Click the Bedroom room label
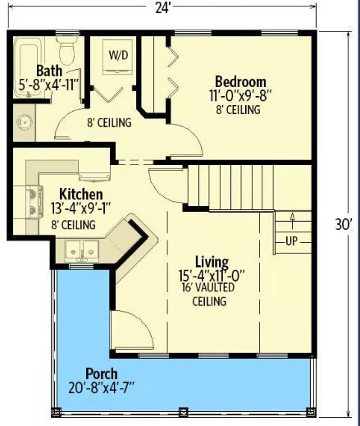tap(240, 81)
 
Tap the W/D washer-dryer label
tap(118, 55)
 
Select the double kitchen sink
tap(82, 250)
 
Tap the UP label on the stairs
tap(291, 240)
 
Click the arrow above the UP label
tap(292, 221)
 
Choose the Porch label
tap(102, 373)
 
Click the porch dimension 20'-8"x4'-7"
tap(101, 387)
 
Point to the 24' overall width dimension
tap(163, 7)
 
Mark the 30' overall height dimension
tap(344, 225)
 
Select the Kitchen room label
tap(81, 195)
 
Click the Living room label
tap(212, 261)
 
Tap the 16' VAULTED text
tap(208, 287)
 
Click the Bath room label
tap(49, 71)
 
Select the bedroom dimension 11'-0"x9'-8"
tap(240, 95)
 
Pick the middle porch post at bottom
tap(184, 412)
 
